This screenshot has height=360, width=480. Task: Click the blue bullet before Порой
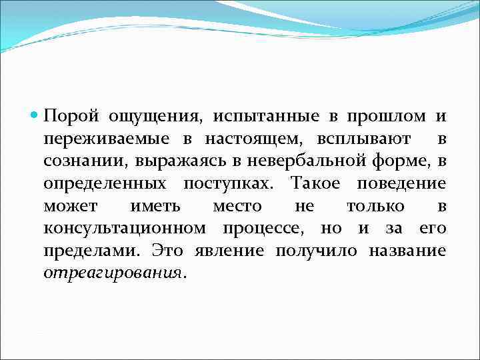click(x=35, y=116)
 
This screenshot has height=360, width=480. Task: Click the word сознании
click(x=85, y=161)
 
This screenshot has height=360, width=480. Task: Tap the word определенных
click(x=105, y=184)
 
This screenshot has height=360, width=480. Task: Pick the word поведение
click(x=402, y=184)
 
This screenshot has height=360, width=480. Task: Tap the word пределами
click(x=91, y=251)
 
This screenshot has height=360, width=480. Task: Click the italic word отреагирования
click(x=111, y=273)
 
